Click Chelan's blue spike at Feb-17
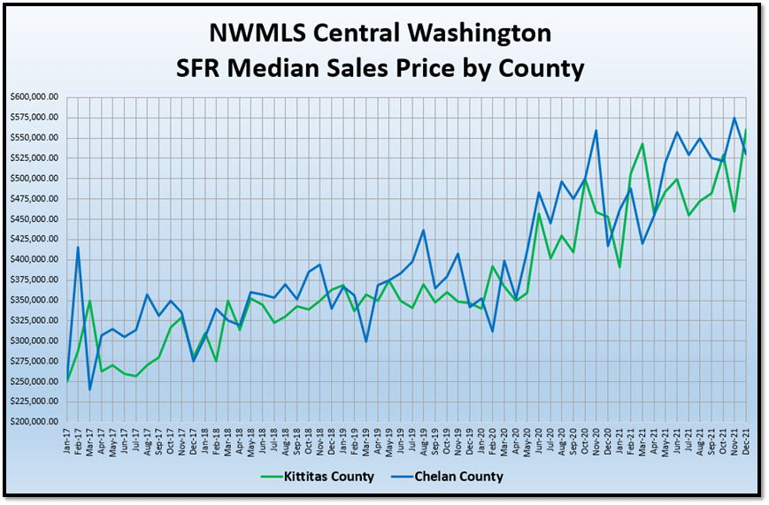tap(79, 248)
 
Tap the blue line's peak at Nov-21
tap(734, 118)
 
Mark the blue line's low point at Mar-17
tap(90, 389)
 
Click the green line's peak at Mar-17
tap(90, 301)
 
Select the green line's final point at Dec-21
tap(746, 130)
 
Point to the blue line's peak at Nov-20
tap(596, 131)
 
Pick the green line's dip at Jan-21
tap(619, 267)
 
